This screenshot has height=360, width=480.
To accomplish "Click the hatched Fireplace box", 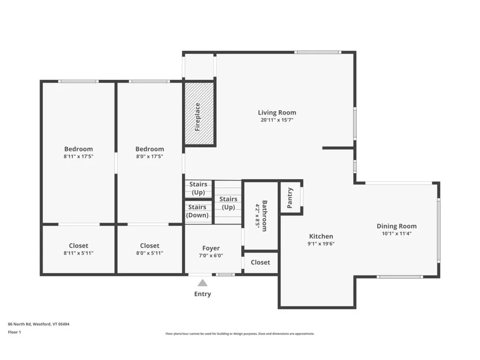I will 199,114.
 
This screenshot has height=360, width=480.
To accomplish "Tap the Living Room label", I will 277,112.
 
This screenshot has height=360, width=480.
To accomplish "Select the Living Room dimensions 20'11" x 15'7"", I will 277,120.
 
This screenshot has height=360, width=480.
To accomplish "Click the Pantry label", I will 290,198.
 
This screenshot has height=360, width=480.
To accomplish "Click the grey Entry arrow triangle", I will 202,283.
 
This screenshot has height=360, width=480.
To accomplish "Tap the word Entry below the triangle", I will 202,294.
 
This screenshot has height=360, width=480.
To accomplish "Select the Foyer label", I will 211,248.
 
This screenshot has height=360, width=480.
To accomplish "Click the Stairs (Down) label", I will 197,211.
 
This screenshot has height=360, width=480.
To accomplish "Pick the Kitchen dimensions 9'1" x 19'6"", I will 321,244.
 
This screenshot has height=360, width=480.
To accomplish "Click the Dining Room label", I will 397,226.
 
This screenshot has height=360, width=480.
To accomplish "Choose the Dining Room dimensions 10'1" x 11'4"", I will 397,233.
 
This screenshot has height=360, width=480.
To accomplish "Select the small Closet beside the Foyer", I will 260,262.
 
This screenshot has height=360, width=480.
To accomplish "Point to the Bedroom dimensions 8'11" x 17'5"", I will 78,157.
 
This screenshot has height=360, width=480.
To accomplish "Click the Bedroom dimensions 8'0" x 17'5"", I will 150,157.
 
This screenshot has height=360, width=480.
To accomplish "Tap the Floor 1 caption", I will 15,332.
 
